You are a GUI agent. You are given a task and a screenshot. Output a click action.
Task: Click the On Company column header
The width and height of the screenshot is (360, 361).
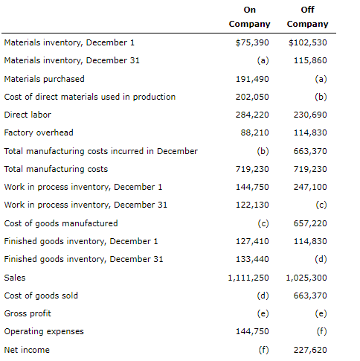pos(249,17)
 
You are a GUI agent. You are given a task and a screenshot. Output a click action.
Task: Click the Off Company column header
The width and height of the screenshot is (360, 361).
pos(307,17)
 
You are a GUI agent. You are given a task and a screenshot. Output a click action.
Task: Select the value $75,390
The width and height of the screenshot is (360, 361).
pos(252,42)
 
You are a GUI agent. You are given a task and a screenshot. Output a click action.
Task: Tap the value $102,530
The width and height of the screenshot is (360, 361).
pos(307,42)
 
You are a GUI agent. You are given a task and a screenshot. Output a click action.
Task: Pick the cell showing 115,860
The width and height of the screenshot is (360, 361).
pos(310,60)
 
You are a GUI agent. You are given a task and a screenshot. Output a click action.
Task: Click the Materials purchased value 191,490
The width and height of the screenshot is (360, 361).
pos(252,79)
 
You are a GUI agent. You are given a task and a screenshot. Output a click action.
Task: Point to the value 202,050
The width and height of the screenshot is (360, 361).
pos(252,97)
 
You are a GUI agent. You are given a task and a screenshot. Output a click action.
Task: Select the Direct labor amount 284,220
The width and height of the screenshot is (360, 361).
pos(252,115)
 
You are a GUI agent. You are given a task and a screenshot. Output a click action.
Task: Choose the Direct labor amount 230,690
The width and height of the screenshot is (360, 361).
pos(310,115)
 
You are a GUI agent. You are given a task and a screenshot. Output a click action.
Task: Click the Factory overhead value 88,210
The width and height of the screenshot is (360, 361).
pos(254,132)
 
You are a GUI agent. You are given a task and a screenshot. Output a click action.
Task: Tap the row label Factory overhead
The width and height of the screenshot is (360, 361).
pos(39,132)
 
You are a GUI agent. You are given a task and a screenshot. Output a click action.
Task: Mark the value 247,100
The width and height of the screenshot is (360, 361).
pos(310,187)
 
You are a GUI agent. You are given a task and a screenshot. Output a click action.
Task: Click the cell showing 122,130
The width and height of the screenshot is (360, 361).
pos(252,205)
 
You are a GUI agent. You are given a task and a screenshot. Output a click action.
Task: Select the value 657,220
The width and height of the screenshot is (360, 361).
pos(310,223)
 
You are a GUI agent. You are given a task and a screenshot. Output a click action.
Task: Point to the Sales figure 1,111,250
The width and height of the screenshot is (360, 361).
pos(248,278)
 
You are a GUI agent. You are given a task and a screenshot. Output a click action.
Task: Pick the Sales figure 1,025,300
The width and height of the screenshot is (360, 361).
pos(306,278)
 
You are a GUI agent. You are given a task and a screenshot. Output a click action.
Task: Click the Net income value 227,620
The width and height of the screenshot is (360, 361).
pos(310,350)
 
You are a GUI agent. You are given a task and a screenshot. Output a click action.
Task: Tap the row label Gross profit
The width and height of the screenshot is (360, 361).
pos(28,313)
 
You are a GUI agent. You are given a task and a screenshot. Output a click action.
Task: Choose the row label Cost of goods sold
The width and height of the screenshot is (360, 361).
pos(41,295)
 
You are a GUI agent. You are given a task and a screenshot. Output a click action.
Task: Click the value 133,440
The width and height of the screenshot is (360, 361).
pos(252,259)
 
